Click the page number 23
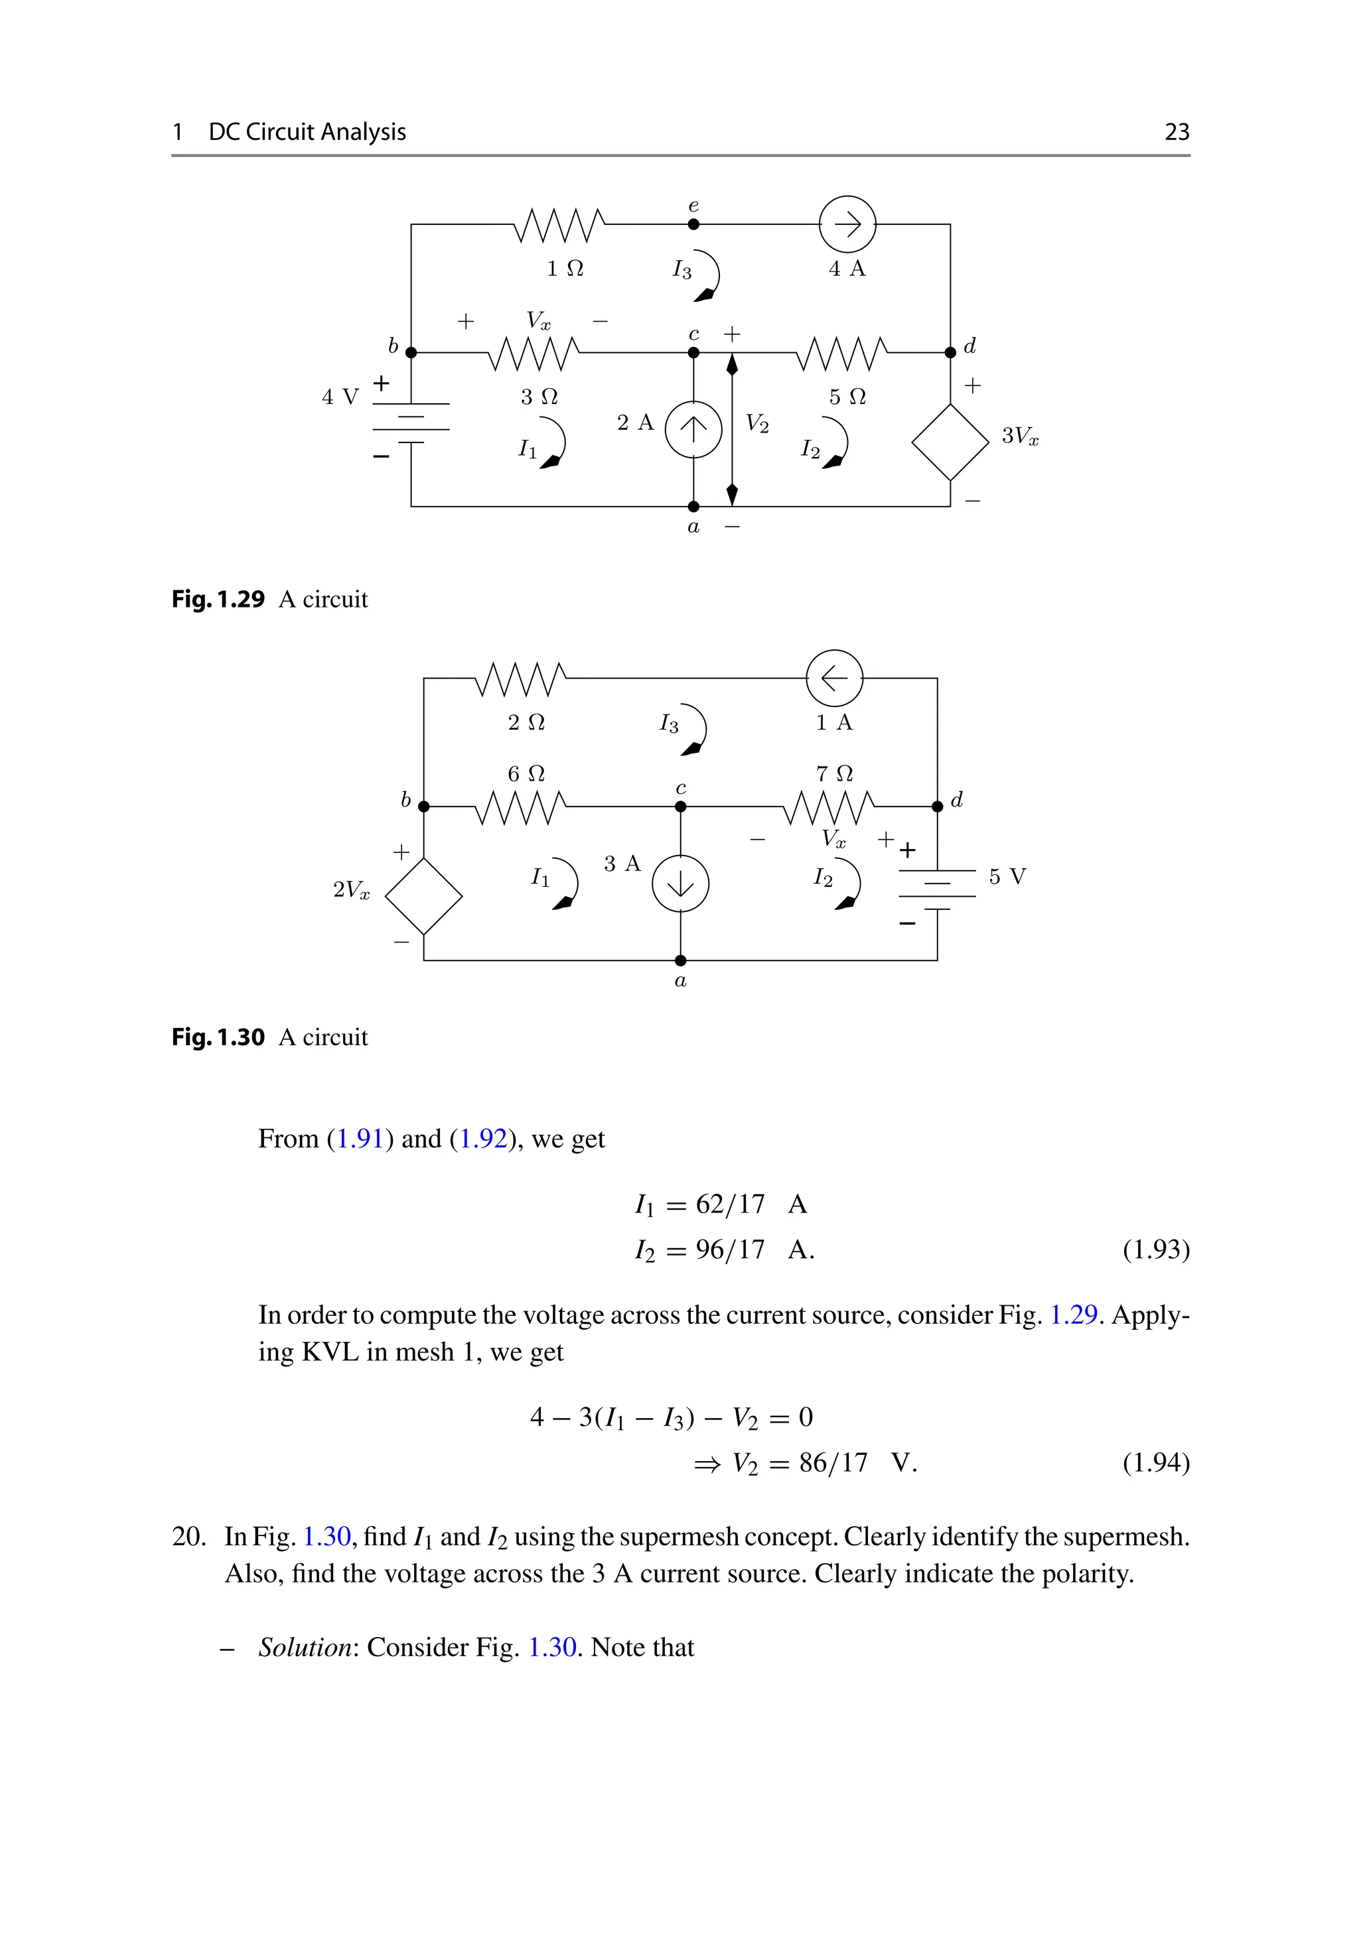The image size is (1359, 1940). [1177, 132]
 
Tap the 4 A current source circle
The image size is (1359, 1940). [847, 225]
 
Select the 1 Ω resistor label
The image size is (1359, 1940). [565, 269]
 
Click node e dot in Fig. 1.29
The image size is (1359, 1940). [693, 225]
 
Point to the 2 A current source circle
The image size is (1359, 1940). [693, 429]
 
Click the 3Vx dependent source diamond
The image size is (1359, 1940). [950, 442]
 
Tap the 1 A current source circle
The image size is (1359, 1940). [834, 678]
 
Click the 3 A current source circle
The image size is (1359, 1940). [680, 884]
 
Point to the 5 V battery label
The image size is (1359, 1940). [1007, 876]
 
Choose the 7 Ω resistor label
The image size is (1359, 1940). [834, 773]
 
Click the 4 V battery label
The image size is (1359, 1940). [340, 397]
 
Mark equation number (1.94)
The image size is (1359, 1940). [1155, 1462]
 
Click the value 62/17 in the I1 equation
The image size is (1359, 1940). [729, 1204]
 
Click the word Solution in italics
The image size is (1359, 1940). [305, 1647]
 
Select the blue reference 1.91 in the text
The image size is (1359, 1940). [361, 1139]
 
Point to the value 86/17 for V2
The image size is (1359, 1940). [833, 1462]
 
